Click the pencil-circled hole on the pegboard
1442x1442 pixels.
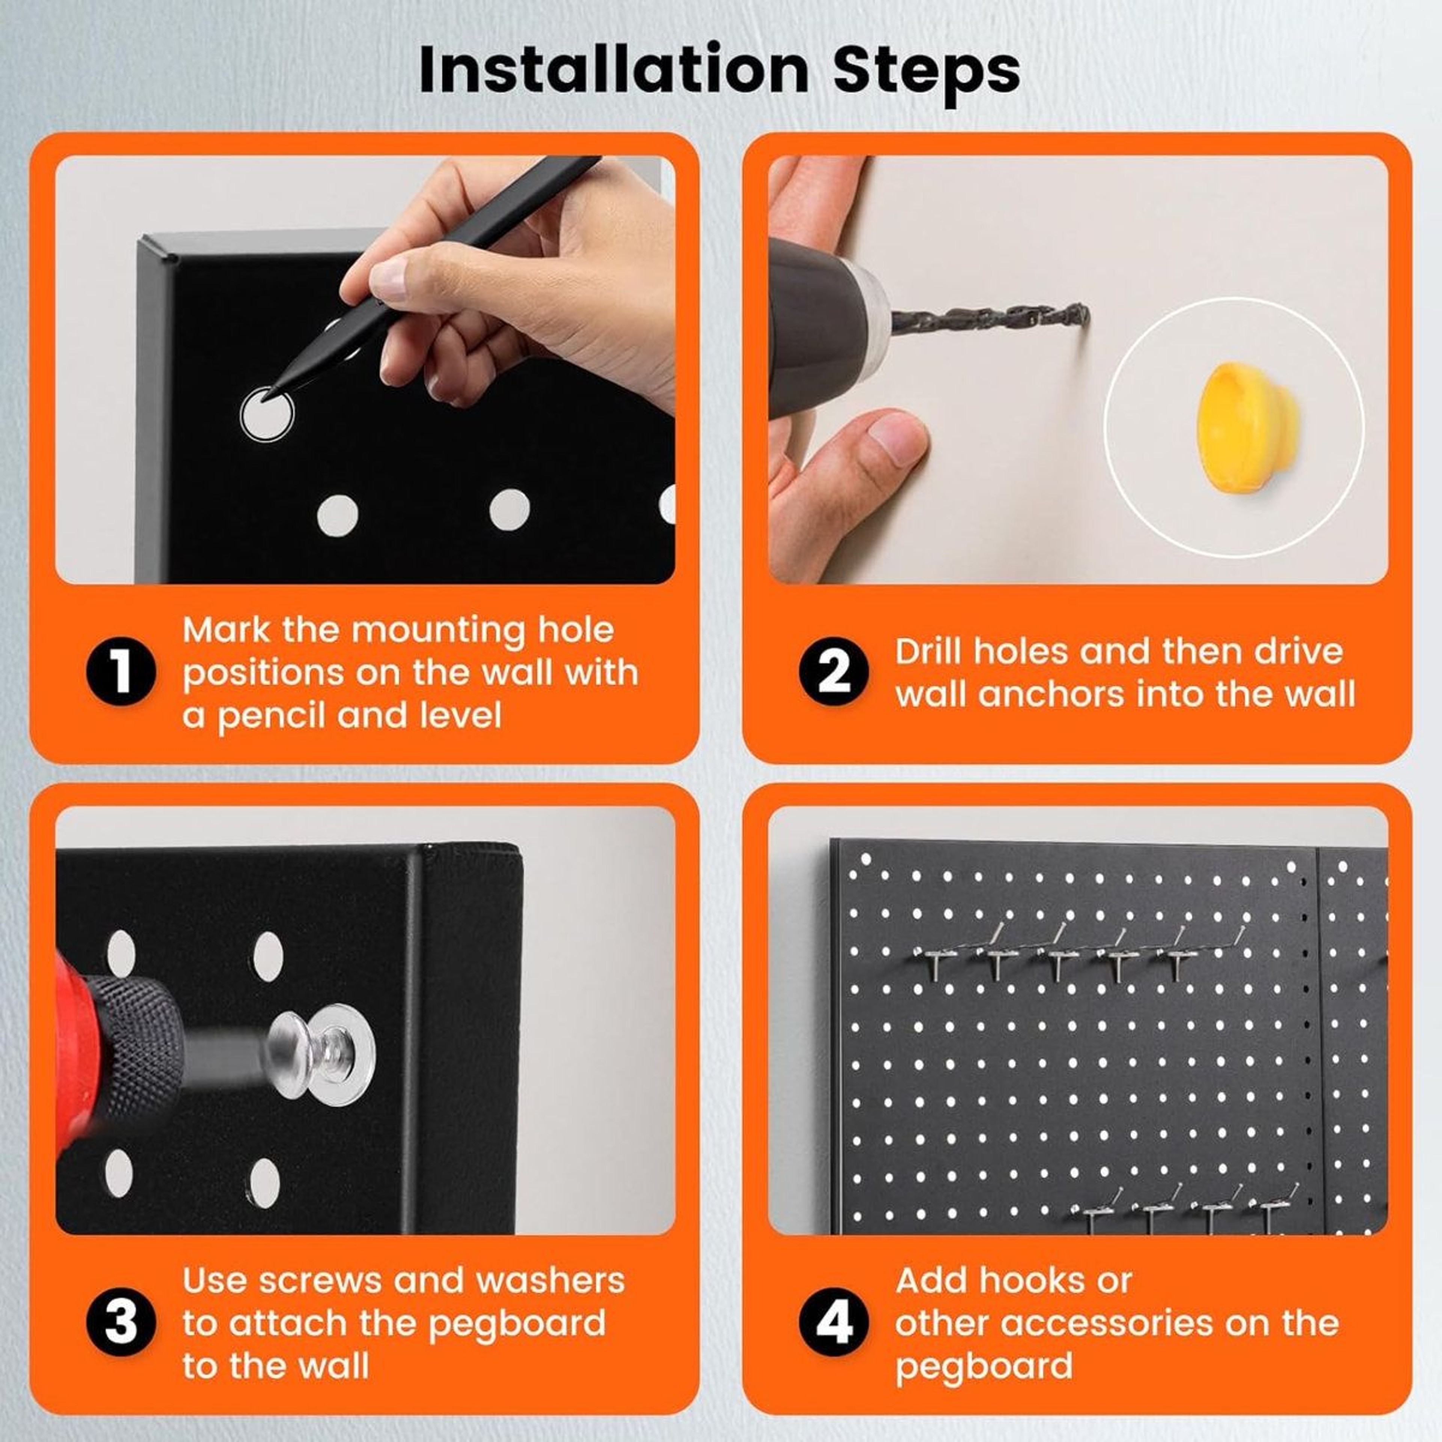coord(267,413)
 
